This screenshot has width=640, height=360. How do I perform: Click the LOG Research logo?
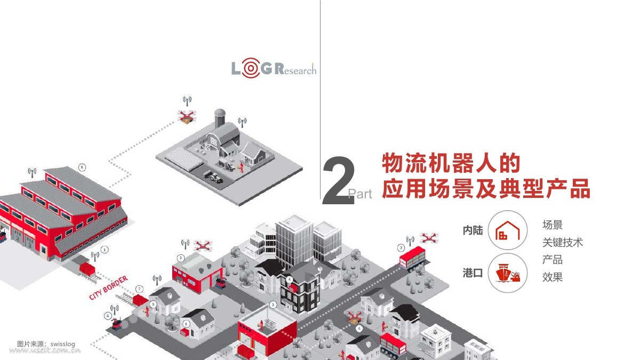tap(274, 68)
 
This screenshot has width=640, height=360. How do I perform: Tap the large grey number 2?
tap(339, 181)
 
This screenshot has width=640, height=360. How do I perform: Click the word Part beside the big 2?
tap(360, 194)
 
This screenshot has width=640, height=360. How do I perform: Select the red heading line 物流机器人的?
tap(451, 163)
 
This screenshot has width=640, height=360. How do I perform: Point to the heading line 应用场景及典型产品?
tap(486, 188)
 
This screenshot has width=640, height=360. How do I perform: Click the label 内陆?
tap(473, 230)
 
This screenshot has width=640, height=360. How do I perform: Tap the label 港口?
tap(473, 273)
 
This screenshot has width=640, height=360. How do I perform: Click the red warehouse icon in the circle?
tap(507, 230)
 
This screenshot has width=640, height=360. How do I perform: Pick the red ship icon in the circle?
tap(508, 273)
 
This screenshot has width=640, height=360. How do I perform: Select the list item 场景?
tap(553, 225)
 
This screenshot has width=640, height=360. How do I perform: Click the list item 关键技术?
tap(563, 243)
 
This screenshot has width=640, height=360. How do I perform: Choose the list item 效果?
tap(553, 277)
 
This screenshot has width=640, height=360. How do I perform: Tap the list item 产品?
tap(553, 260)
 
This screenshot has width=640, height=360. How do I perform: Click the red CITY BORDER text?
tap(108, 287)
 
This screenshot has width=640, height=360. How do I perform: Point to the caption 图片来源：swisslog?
tap(46, 343)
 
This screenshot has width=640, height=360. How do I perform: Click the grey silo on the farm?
tap(220, 118)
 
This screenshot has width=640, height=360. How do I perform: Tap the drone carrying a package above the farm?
tap(187, 117)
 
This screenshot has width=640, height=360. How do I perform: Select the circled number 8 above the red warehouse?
tap(82, 167)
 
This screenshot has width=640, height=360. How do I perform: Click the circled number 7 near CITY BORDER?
tap(139, 289)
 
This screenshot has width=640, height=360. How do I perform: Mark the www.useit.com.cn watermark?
tap(45, 350)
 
